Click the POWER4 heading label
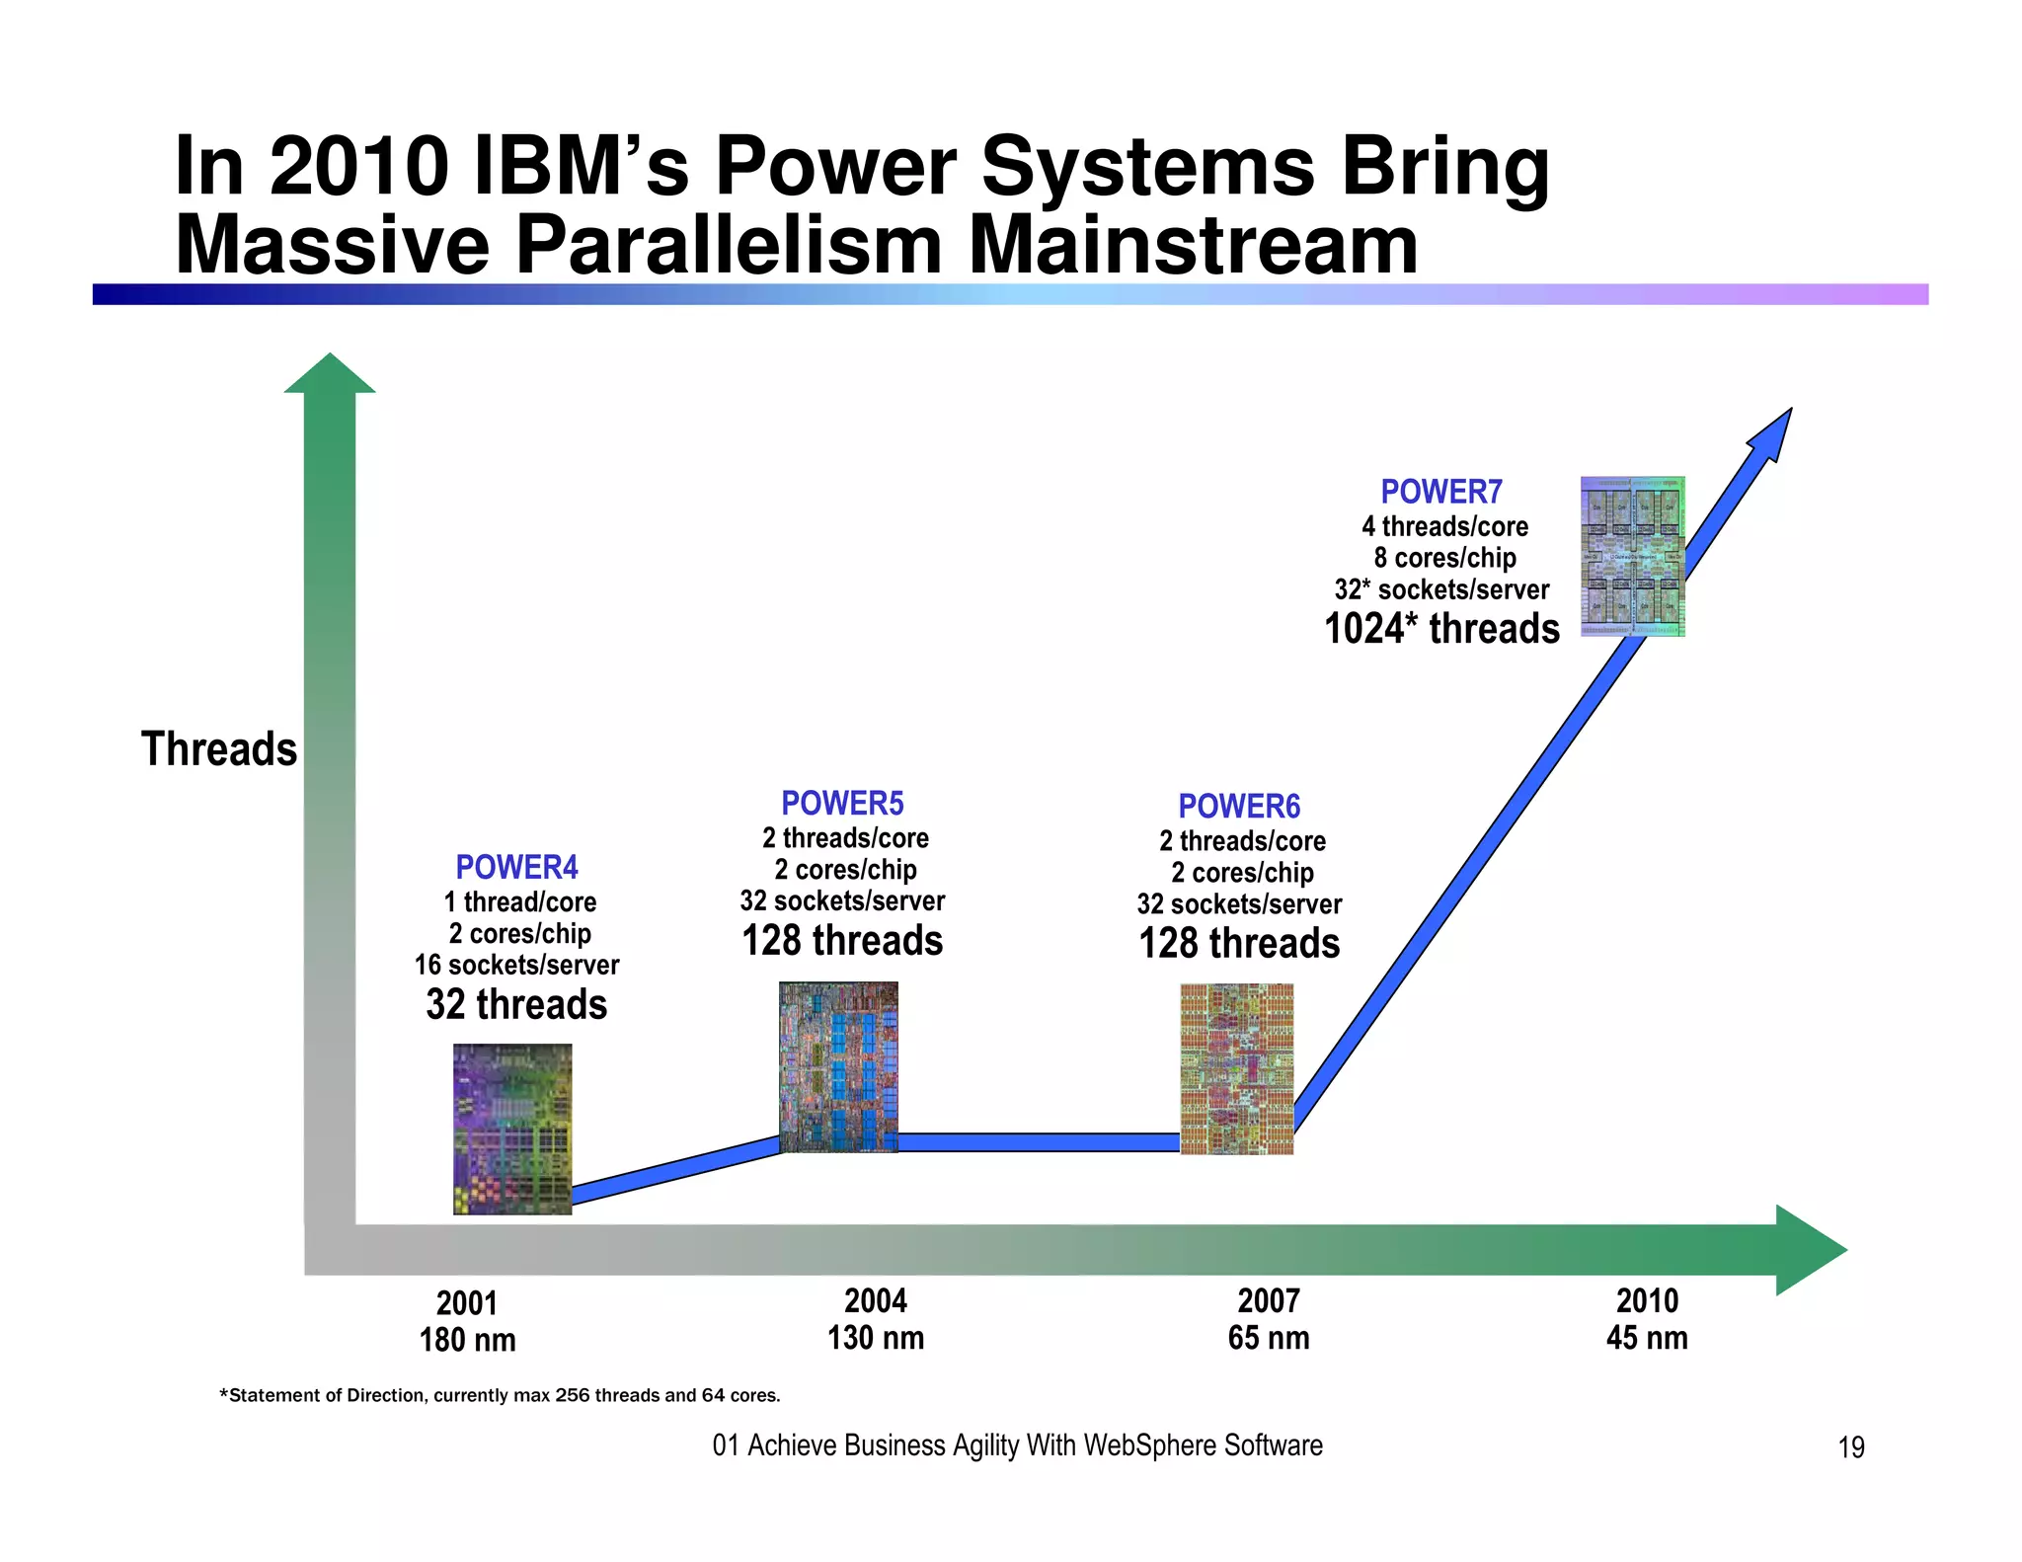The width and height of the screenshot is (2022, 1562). coord(516,867)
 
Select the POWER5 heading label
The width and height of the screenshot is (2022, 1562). coord(842,803)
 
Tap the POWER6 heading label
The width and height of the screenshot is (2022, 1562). coord(1239,806)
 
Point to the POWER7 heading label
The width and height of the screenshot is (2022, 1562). coord(1440,491)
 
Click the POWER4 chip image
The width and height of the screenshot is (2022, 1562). coord(512,1129)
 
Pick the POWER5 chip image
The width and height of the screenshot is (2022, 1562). coord(838,1066)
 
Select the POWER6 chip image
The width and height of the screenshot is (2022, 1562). coord(1236,1068)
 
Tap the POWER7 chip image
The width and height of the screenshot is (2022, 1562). coord(1632,556)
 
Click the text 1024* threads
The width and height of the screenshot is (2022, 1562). coord(1440,629)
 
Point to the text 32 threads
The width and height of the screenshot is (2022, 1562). coord(516,1004)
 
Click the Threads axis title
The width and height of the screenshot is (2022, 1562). coord(218,748)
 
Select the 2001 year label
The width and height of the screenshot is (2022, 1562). coord(466,1303)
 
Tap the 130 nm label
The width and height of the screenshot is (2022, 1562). coord(876,1338)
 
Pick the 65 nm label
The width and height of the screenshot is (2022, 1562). coord(1269,1338)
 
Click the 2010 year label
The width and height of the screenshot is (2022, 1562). coord(1647,1300)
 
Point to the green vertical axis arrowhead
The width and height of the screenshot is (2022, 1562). coord(330,375)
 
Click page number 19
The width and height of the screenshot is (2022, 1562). coord(1850,1447)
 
